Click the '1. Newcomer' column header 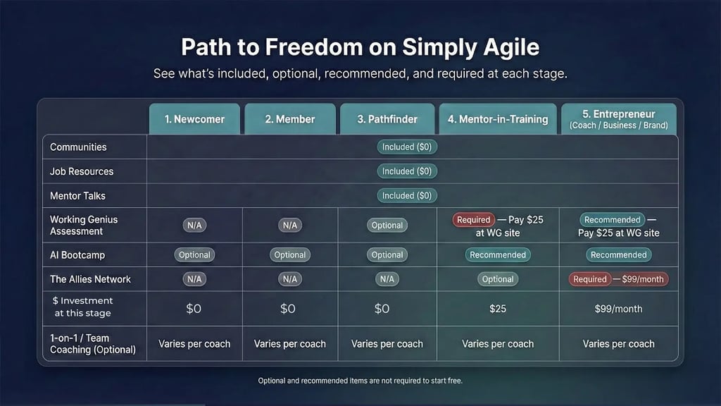[x=194, y=118]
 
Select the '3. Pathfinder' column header [x=387, y=118]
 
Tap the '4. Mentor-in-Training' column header [x=498, y=118]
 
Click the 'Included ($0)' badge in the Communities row [x=407, y=147]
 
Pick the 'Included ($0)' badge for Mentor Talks [x=407, y=196]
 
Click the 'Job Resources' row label [x=82, y=171]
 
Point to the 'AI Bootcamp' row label [x=77, y=255]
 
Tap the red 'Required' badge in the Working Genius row [x=474, y=220]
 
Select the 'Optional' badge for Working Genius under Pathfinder [x=387, y=225]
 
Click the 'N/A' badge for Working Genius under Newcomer [x=194, y=225]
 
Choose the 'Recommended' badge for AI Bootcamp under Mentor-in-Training [x=498, y=255]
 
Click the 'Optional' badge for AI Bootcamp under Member [x=289, y=255]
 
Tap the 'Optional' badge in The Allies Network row [x=498, y=279]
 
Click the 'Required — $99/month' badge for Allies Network [x=618, y=279]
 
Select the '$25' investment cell [x=498, y=309]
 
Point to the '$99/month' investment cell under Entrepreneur [x=618, y=309]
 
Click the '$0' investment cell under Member [x=288, y=309]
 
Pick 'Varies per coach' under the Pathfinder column [x=387, y=344]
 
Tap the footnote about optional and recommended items [x=360, y=381]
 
